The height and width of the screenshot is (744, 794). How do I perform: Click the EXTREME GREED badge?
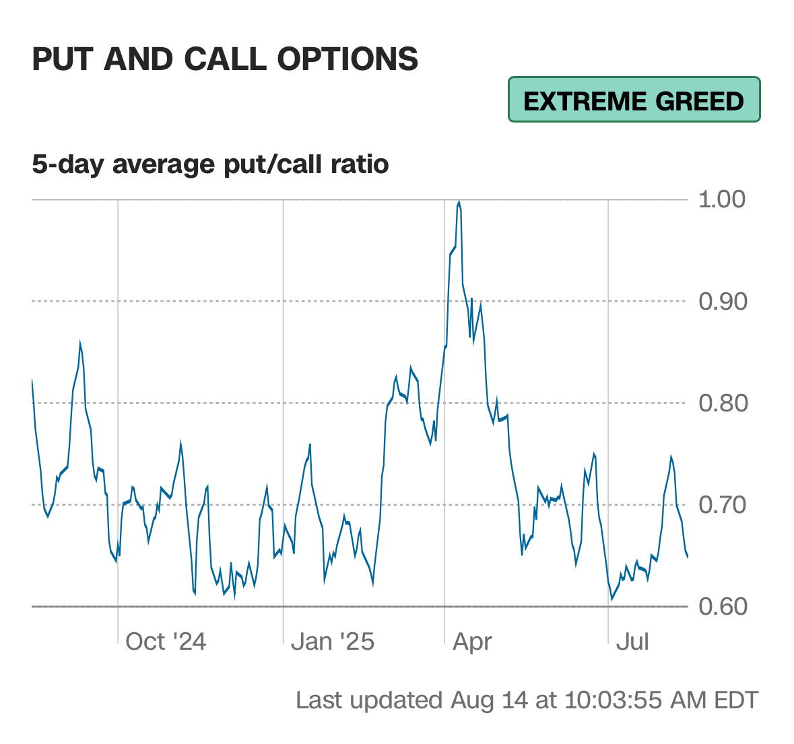pyautogui.click(x=634, y=100)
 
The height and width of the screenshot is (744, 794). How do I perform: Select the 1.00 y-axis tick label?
pyautogui.click(x=722, y=199)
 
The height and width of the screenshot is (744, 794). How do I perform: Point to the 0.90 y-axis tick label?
pyautogui.click(x=722, y=302)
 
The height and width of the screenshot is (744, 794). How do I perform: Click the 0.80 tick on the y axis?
pyautogui.click(x=722, y=403)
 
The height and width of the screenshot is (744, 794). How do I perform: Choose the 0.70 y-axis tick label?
pyautogui.click(x=722, y=505)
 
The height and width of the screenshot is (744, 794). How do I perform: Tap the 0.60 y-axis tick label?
pyautogui.click(x=722, y=607)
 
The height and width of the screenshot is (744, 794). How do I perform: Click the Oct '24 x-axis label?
pyautogui.click(x=166, y=642)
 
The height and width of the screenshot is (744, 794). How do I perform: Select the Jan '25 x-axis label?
pyautogui.click(x=332, y=642)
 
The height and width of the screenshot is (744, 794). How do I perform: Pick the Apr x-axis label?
pyautogui.click(x=472, y=642)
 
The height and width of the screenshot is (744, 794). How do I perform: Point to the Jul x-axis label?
pyautogui.click(x=632, y=642)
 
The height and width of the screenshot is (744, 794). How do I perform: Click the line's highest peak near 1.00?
pyautogui.click(x=459, y=201)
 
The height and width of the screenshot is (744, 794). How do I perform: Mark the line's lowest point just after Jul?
pyautogui.click(x=612, y=599)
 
